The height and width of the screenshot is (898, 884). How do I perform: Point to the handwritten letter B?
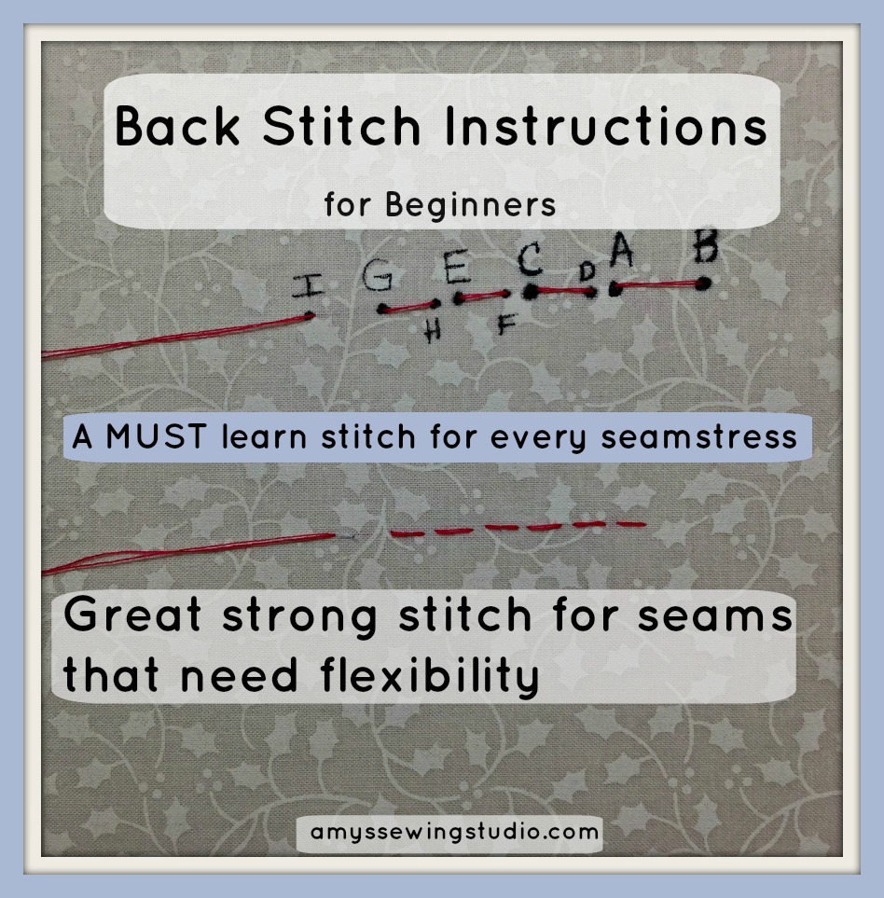(x=706, y=249)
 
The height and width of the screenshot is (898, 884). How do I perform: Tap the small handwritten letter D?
(x=587, y=271)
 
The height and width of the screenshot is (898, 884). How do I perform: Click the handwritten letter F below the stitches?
(x=505, y=325)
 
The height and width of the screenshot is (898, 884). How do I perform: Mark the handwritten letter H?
(x=432, y=332)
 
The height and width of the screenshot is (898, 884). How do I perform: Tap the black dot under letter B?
(x=704, y=283)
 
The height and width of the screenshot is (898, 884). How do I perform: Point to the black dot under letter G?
(x=383, y=309)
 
